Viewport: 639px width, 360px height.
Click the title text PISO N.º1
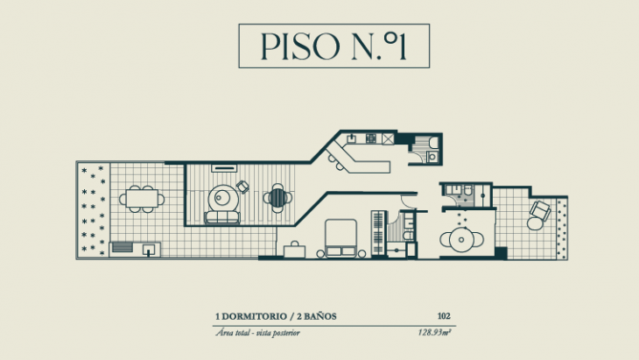334,46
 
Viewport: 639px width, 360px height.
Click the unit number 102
444,316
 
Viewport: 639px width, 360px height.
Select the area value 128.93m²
435,333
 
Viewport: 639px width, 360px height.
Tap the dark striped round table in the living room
278,197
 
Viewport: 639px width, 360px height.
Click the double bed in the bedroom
341,237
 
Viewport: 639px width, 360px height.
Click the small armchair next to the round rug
242,187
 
